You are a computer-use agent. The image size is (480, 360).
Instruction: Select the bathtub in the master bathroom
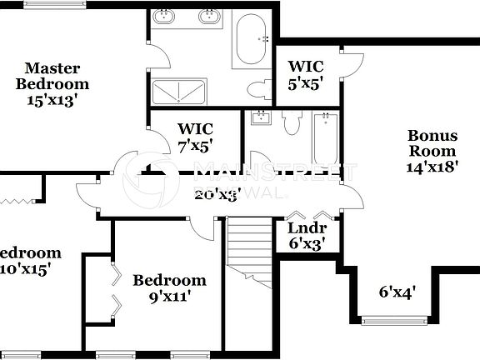pos(251,38)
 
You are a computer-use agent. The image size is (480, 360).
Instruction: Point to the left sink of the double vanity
pos(165,17)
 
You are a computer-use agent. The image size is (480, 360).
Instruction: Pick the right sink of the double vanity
pos(208,17)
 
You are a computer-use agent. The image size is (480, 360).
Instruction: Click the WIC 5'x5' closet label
pos(306,74)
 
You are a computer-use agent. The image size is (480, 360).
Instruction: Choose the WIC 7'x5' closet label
pos(195,136)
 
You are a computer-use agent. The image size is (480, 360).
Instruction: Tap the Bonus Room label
pos(432,143)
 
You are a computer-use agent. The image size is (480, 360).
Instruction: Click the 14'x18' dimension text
pos(432,167)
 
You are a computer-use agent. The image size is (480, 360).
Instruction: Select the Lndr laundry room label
pos(307,235)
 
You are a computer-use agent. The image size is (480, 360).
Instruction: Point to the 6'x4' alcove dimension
pos(397,292)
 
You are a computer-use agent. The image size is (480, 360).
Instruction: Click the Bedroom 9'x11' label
pos(169,287)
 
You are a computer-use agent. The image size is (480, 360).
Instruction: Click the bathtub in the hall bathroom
pos(323,137)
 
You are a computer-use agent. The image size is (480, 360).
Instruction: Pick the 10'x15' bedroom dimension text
pos(27,269)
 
